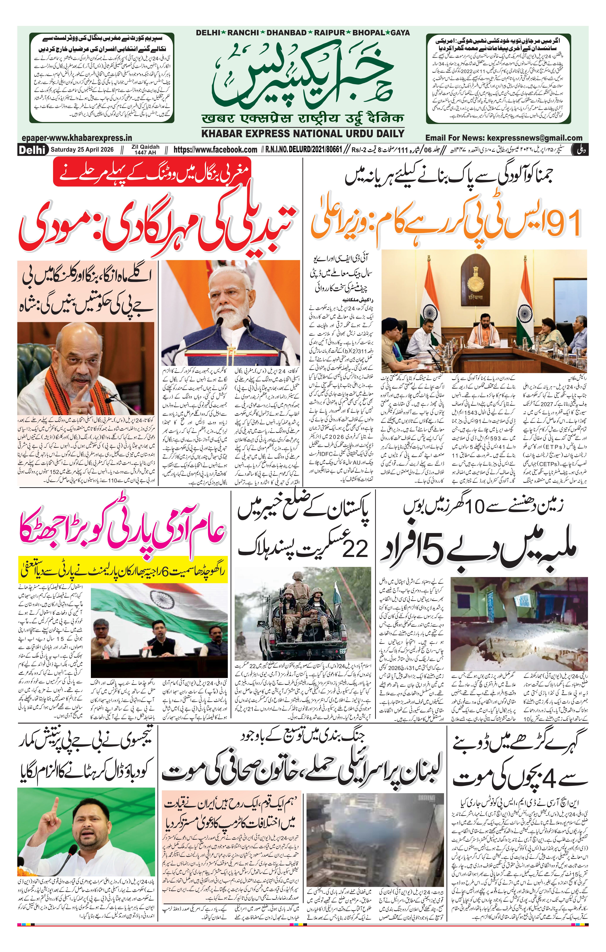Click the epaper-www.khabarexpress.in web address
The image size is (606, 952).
77,138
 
